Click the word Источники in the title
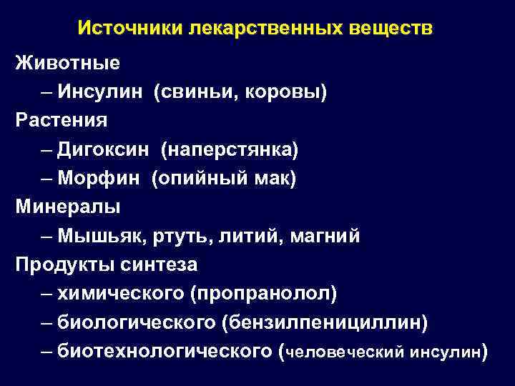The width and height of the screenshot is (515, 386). point(129,29)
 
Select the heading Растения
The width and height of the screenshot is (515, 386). point(62,120)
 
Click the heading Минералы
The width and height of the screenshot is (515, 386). point(68,207)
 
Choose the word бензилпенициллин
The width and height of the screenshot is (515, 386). point(325,322)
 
